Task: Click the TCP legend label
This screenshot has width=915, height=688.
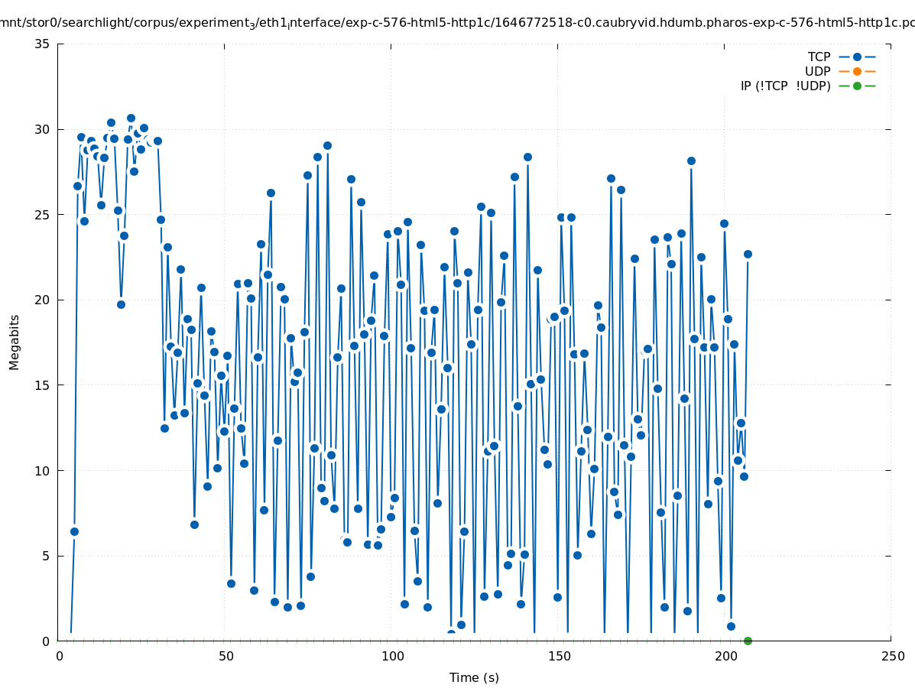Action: tap(819, 57)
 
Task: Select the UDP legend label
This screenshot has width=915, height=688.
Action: tap(817, 71)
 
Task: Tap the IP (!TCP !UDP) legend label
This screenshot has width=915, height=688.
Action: tap(785, 86)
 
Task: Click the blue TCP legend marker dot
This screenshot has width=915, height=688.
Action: tap(857, 57)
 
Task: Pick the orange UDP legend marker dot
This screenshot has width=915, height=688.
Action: tap(857, 71)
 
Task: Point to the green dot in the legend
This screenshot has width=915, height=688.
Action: tap(857, 86)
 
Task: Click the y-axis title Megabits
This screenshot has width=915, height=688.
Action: tap(15, 342)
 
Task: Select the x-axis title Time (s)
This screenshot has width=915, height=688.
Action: tap(474, 677)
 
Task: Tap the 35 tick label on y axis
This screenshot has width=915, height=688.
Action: tap(43, 44)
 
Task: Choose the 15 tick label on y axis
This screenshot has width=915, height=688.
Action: tap(43, 385)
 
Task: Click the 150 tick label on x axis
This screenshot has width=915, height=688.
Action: tap(559, 656)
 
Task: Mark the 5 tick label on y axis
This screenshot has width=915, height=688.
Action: tap(46, 556)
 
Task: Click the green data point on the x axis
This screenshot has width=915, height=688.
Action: tap(748, 641)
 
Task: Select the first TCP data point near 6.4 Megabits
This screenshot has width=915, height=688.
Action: tap(74, 531)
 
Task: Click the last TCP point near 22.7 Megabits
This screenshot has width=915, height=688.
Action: tap(748, 254)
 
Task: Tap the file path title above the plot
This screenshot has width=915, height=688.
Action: tap(457, 23)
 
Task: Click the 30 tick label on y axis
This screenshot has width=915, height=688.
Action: tap(43, 129)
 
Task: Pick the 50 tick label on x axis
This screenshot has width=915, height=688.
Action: tap(226, 656)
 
